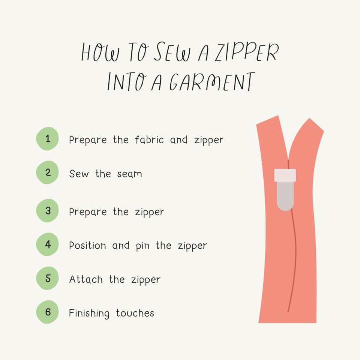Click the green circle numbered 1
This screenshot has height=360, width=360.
[x=47, y=139]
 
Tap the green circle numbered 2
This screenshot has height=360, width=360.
[x=47, y=172]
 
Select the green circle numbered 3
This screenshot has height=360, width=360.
[x=47, y=211]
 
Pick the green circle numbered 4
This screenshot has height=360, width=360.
[x=47, y=244]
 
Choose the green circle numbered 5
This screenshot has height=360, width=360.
[x=47, y=278]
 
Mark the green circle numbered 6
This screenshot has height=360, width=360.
[x=47, y=312]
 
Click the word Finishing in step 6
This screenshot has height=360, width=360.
[x=89, y=313]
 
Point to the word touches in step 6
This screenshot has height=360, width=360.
[x=135, y=313]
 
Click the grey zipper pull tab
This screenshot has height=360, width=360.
[x=285, y=196]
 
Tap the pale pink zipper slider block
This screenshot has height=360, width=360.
[x=285, y=175]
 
